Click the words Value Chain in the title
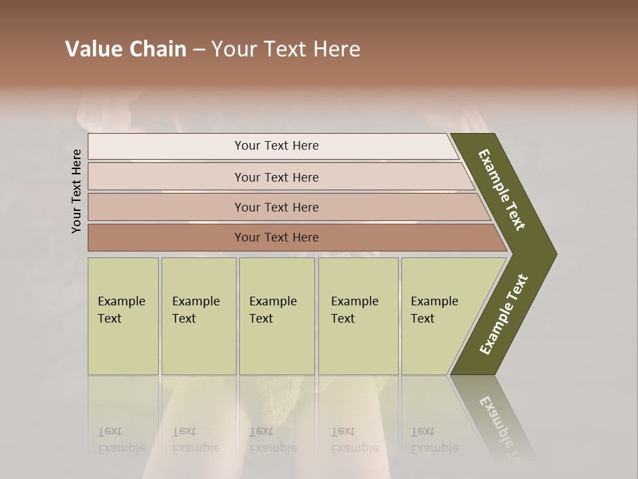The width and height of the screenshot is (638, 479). click(126, 49)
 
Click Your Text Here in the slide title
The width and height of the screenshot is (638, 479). click(286, 49)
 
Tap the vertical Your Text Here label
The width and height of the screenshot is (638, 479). click(76, 191)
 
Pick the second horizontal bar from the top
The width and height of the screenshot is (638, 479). click(276, 177)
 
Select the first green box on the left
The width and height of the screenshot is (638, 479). click(123, 316)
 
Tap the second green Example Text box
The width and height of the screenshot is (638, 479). click(198, 316)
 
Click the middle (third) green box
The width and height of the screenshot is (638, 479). click(276, 316)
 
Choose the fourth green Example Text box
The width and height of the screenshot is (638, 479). click(358, 316)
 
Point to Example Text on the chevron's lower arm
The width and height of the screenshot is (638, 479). click(504, 315)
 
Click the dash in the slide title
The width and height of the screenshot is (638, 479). click(199, 49)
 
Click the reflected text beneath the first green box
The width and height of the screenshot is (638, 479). click(122, 440)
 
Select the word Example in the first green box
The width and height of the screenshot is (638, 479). click(121, 301)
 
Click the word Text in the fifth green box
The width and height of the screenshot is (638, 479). click(423, 319)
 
